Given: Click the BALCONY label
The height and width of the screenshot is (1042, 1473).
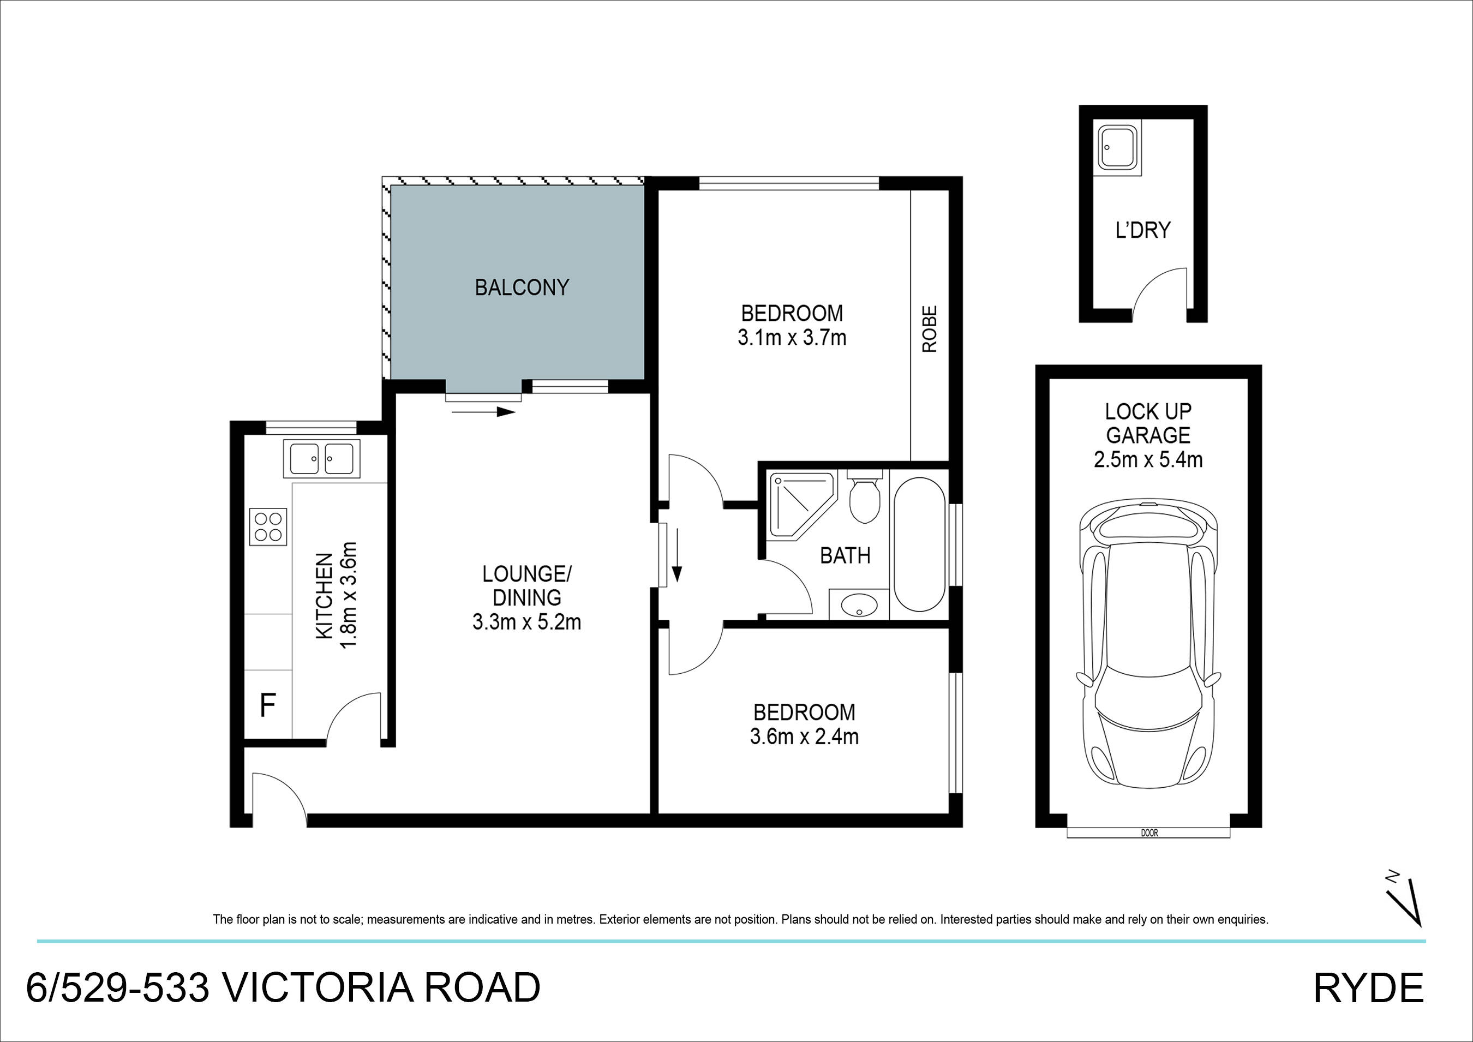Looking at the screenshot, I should pos(522,288).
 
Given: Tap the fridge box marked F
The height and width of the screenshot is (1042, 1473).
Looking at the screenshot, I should pos(267,706).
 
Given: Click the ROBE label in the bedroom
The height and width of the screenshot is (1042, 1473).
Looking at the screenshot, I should pos(930,329).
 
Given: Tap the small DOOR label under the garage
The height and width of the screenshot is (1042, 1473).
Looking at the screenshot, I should pos(1149,834).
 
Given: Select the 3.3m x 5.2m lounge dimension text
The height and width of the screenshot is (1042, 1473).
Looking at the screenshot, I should pos(526,622).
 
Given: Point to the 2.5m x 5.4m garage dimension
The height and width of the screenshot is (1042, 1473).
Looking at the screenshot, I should pos(1148,459).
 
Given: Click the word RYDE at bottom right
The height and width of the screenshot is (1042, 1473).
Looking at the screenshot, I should pos(1368,989).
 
